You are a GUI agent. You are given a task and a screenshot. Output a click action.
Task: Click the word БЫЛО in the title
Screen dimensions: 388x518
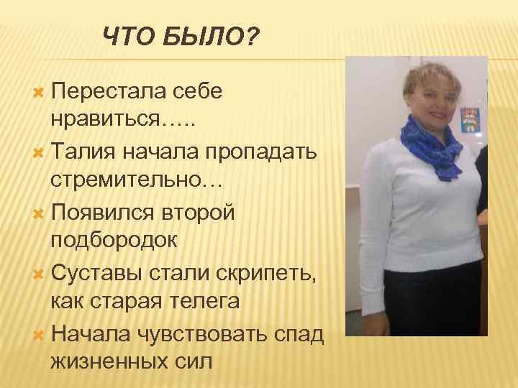click(x=202, y=36)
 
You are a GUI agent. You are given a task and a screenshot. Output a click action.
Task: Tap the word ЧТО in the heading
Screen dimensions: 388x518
click(x=125, y=36)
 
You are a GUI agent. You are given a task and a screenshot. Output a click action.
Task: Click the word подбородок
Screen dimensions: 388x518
click(x=114, y=239)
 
